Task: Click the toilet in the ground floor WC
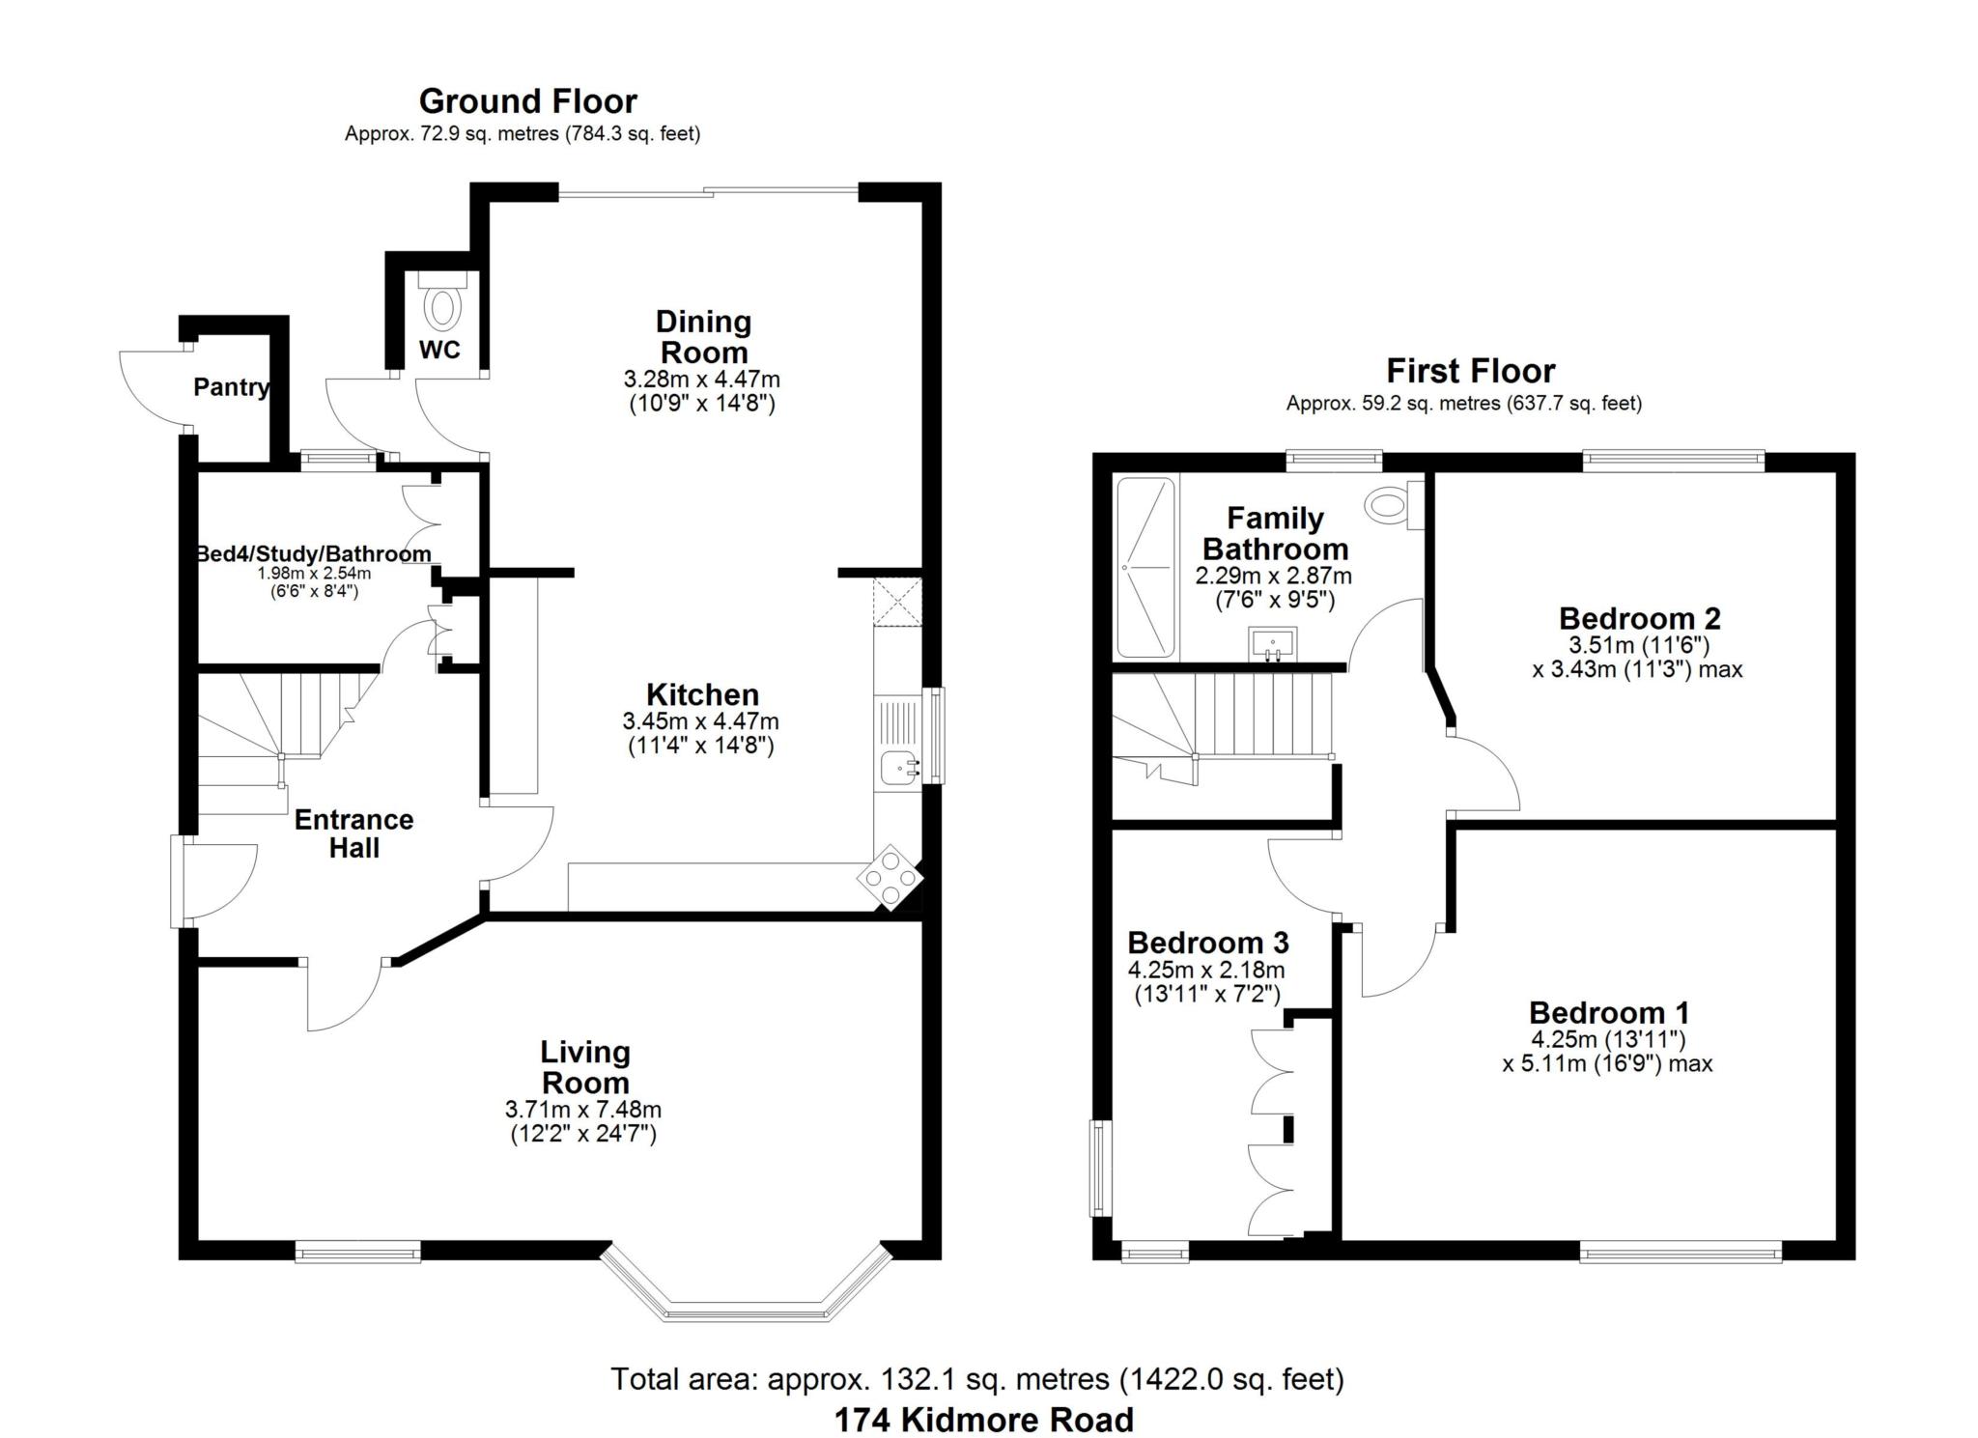(443, 304)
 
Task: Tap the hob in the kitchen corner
(890, 877)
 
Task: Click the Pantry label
(231, 387)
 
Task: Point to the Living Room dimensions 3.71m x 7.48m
(583, 1110)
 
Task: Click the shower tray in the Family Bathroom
(1145, 568)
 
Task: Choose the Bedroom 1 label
(1609, 1012)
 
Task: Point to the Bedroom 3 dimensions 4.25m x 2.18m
(1206, 970)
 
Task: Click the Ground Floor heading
(527, 101)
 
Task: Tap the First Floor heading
(1470, 371)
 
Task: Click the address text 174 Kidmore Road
(983, 1420)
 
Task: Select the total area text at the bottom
(976, 1378)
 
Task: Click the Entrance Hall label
(353, 833)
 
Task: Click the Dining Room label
(702, 336)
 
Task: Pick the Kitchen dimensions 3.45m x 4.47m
(700, 720)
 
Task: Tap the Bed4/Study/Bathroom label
(313, 554)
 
